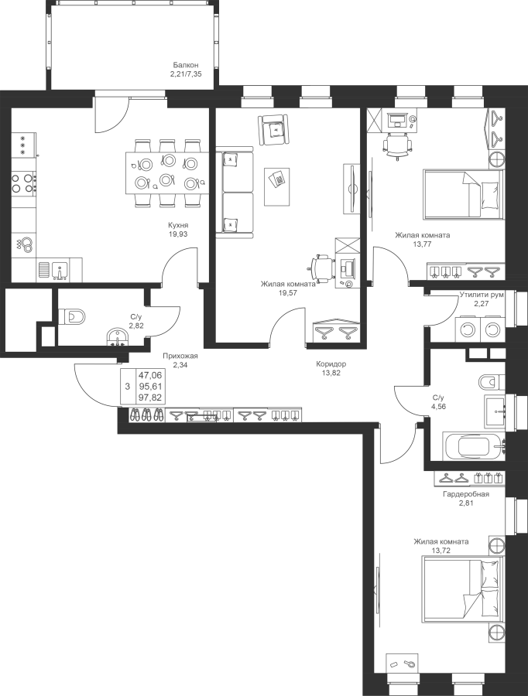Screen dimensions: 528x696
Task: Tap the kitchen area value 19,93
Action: pos(178,234)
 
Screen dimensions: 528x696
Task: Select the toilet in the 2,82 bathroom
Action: pos(72,316)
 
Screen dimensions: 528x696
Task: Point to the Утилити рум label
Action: pos(482,295)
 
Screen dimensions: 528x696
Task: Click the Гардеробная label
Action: pos(466,494)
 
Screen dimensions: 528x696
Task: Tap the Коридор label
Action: pos(331,364)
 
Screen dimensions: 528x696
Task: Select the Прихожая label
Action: pos(180,356)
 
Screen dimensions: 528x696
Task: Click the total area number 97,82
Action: pos(150,397)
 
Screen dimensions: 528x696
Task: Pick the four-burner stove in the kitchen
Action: pos(23,183)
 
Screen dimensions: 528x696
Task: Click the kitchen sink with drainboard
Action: pos(53,270)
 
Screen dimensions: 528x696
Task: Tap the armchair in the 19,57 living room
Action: pos(273,129)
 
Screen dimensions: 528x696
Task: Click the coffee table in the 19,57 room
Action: pos(277,186)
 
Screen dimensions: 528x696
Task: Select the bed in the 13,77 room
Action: pos(464,194)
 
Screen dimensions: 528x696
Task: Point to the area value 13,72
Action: pos(441,551)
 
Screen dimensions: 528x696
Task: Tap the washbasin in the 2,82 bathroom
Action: pos(118,336)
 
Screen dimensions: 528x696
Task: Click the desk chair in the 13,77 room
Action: pos(398,145)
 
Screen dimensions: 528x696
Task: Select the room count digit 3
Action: pos(128,386)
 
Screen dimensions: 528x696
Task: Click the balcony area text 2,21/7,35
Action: pos(186,74)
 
